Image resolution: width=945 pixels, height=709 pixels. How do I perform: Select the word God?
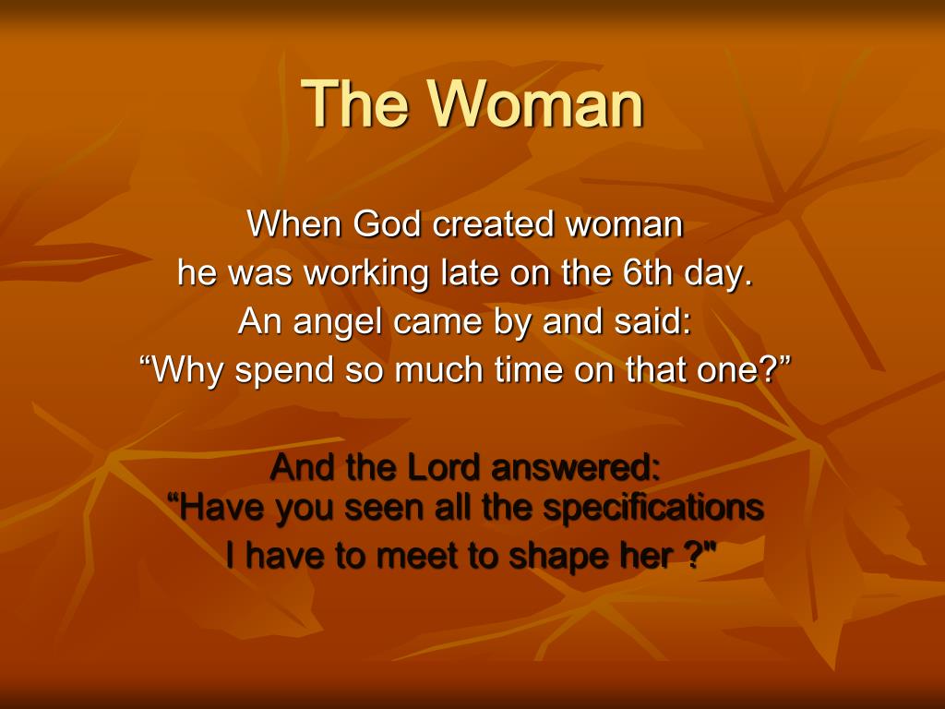[x=387, y=223]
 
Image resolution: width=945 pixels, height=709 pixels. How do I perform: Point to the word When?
[x=293, y=223]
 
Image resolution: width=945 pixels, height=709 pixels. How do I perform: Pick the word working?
[x=366, y=274]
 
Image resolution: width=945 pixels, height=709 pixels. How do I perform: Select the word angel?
[x=337, y=322]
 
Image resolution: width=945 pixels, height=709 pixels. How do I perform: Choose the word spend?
[x=284, y=371]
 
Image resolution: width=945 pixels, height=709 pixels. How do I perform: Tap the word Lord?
[x=443, y=467]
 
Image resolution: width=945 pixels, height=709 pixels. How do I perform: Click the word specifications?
[x=653, y=509]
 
